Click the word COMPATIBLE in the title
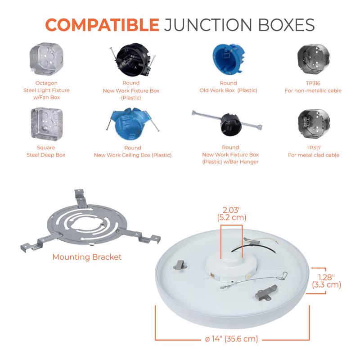(102, 25)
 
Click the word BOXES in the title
(288, 25)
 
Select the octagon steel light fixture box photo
(46, 59)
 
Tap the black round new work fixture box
(133, 60)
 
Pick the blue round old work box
(228, 59)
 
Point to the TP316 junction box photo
(313, 59)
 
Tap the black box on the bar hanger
(231, 124)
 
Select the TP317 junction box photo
(314, 124)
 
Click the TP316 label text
(313, 83)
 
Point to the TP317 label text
(313, 148)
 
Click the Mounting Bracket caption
(87, 257)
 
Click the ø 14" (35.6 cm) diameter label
(231, 339)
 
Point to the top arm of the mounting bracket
(81, 199)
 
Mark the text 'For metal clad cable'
(314, 155)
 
